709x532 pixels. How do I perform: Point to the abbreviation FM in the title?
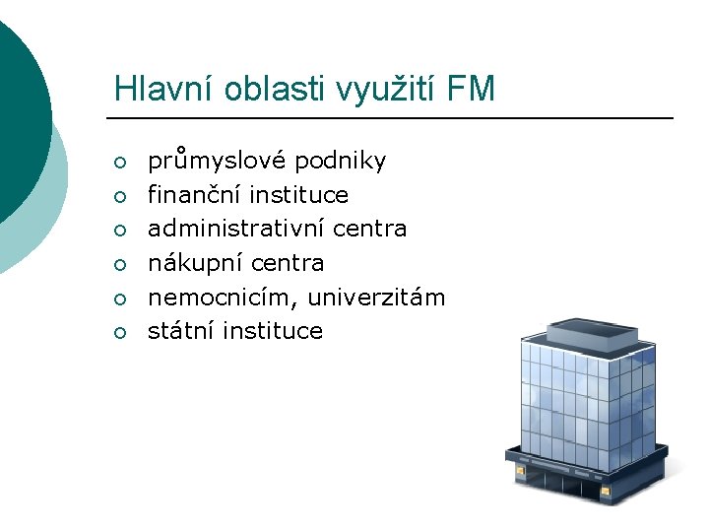point(471,90)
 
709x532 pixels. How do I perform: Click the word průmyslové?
point(218,161)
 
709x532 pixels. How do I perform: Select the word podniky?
point(340,161)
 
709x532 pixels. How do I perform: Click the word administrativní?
point(236,229)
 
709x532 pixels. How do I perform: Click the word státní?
point(181,331)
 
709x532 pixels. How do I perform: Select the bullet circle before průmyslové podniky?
point(120,162)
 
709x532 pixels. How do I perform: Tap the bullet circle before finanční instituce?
point(120,196)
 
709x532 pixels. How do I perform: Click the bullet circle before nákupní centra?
point(120,264)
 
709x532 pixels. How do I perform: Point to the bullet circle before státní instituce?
point(120,332)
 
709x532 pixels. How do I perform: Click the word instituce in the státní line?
point(273,331)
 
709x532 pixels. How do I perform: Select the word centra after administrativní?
point(369,229)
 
